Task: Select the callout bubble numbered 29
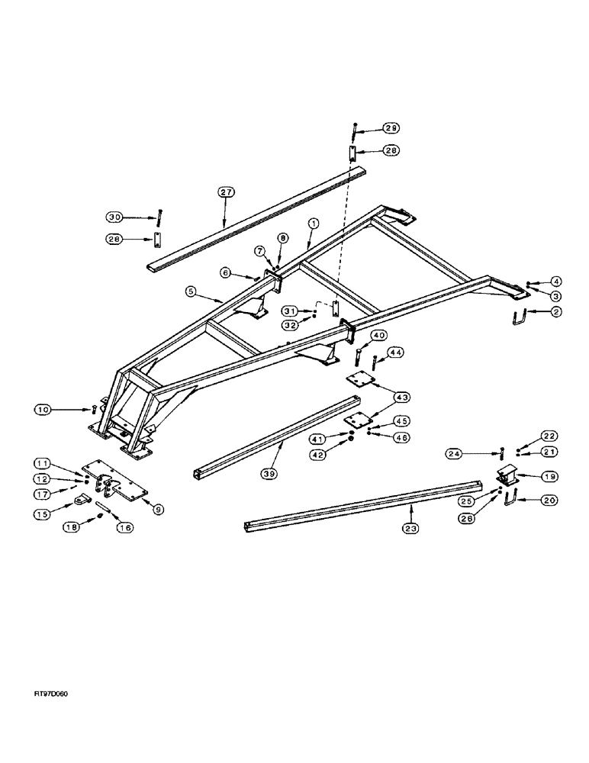click(x=391, y=128)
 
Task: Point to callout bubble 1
click(x=313, y=224)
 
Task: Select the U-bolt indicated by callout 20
click(x=505, y=500)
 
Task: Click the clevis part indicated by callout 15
click(x=84, y=501)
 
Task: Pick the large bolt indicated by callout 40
click(x=358, y=356)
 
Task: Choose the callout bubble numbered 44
click(x=396, y=353)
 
